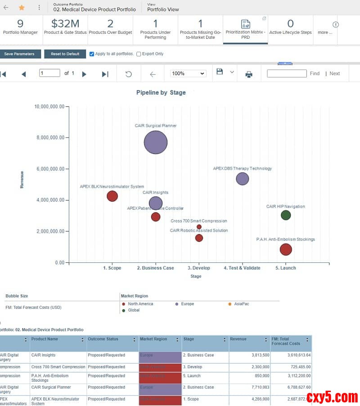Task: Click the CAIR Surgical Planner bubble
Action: pyautogui.click(x=156, y=143)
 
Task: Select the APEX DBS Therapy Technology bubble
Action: pyautogui.click(x=243, y=179)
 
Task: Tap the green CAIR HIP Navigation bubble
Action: pyautogui.click(x=286, y=215)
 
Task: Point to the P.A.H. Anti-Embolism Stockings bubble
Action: pyautogui.click(x=286, y=249)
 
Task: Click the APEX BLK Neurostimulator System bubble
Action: pyautogui.click(x=112, y=196)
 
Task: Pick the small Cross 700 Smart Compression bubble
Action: pyautogui.click(x=199, y=227)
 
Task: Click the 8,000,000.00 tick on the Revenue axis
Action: pyautogui.click(x=50, y=138)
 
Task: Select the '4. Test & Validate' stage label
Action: pyautogui.click(x=242, y=268)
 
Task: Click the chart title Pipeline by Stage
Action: pyautogui.click(x=161, y=93)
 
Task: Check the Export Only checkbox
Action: pyautogui.click(x=139, y=54)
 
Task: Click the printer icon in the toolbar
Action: pyautogui.click(x=249, y=74)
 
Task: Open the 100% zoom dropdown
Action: pyautogui.click(x=188, y=74)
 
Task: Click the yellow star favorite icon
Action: pyautogui.click(x=22, y=8)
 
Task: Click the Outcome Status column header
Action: pyautogui.click(x=112, y=339)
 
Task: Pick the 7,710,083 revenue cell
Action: pyautogui.click(x=250, y=388)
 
